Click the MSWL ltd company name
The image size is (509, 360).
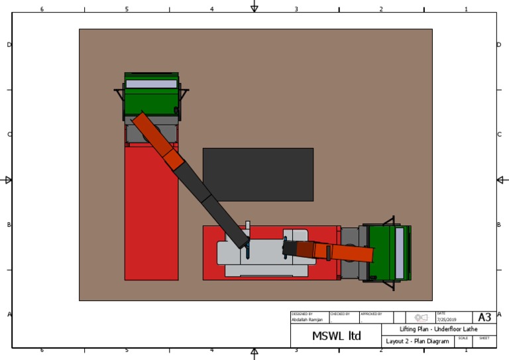336,336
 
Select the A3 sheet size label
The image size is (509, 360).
484,318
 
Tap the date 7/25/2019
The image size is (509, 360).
446,320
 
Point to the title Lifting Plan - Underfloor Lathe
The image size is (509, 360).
438,330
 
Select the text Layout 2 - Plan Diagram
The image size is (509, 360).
417,341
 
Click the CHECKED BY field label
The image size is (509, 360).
339,314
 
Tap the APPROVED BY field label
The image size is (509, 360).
371,314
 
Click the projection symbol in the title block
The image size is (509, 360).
421,318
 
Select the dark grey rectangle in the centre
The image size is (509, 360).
258,174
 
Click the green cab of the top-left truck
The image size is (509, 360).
152,101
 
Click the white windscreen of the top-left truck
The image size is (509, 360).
152,84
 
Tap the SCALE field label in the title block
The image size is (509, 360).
463,338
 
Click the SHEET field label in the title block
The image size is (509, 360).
484,338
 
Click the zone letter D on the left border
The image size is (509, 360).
9,45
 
